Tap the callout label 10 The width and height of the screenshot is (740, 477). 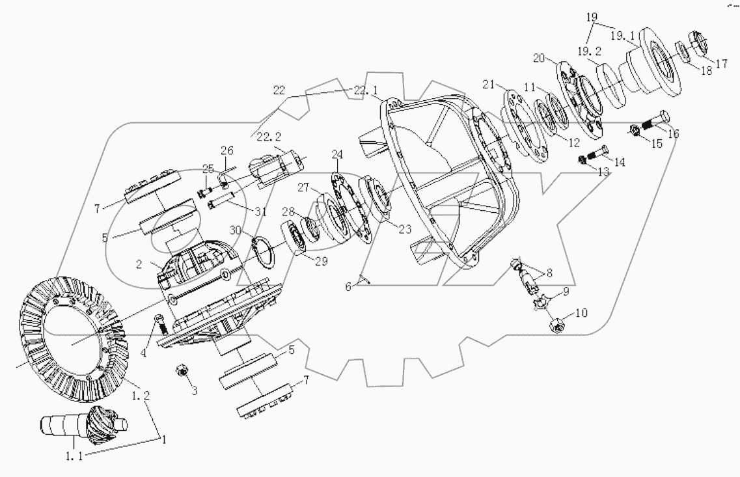coord(580,313)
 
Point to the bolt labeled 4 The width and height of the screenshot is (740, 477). coord(159,325)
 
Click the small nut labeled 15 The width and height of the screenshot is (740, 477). coord(635,132)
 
